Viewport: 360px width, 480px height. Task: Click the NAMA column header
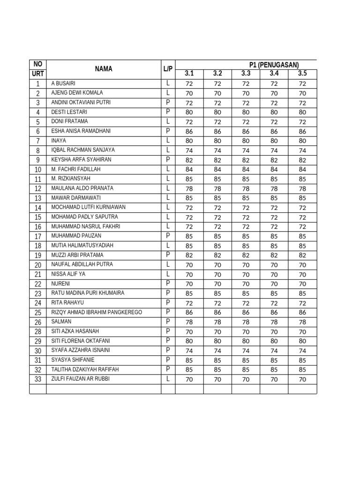point(104,69)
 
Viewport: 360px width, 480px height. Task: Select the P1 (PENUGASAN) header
point(274,65)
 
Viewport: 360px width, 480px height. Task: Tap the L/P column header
point(168,69)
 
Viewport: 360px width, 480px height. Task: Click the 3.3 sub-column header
point(246,74)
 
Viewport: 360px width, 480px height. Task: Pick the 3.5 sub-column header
point(302,74)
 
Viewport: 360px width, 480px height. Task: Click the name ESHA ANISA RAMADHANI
point(81,131)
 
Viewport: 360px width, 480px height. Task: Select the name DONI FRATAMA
point(70,121)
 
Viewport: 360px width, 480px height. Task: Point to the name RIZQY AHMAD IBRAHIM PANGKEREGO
point(97,312)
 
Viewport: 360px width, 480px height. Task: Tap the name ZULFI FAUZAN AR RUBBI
point(80,379)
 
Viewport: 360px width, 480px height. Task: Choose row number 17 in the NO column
point(38,236)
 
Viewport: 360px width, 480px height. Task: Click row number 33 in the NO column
point(38,379)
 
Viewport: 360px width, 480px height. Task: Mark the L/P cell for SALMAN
point(168,322)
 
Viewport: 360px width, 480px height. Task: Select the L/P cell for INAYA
point(168,141)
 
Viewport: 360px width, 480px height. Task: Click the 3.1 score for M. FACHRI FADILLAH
point(189,170)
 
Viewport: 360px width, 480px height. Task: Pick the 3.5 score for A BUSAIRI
point(302,84)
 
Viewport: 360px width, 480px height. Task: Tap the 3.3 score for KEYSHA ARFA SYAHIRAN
point(246,160)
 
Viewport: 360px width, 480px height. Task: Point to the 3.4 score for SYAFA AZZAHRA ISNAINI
point(274,351)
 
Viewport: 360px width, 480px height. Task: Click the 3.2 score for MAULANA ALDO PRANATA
point(217,188)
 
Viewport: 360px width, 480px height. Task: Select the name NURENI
point(60,284)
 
